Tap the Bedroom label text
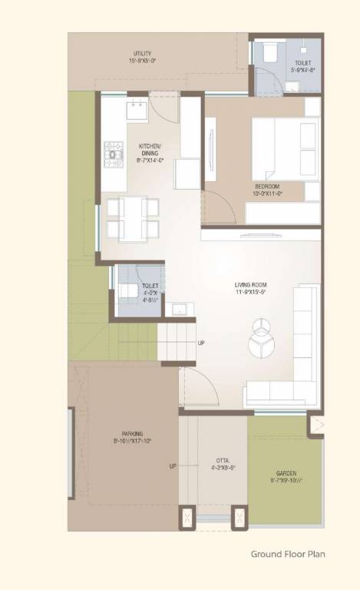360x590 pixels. click(267, 187)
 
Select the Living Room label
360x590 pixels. click(251, 285)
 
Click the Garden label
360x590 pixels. click(286, 473)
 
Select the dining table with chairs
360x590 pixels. click(132, 217)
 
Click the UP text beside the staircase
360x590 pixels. click(201, 343)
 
